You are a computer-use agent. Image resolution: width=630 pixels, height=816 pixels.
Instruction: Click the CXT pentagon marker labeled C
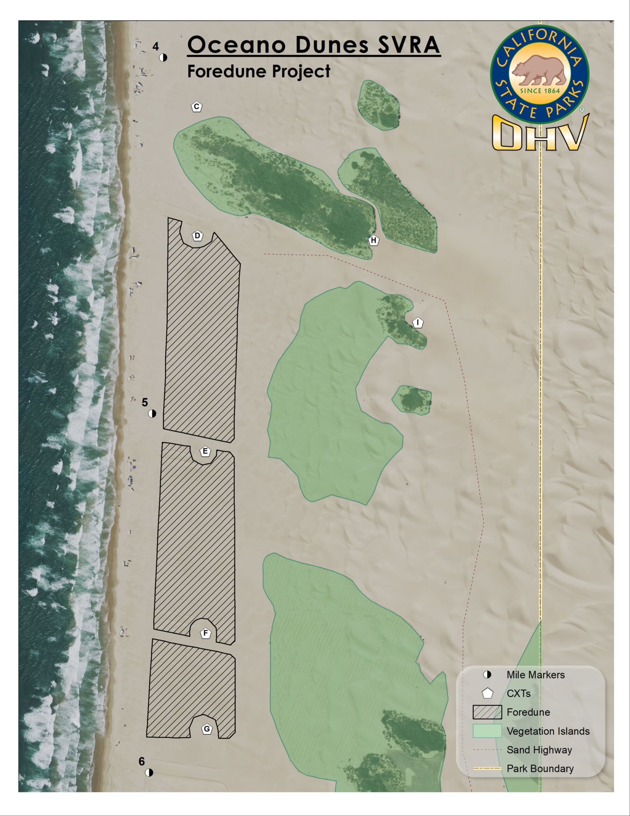pos(197,107)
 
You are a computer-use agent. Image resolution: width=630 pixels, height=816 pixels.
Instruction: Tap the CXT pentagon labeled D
pos(197,236)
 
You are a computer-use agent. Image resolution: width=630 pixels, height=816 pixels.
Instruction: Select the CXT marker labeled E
pos(205,451)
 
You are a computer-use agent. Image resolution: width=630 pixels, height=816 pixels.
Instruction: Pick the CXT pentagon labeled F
pos(205,633)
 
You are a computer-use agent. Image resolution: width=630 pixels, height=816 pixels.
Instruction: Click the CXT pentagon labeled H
pos(373,240)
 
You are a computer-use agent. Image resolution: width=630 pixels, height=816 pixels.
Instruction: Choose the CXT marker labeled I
pos(418,323)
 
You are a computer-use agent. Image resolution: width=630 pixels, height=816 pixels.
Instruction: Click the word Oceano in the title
pos(236,45)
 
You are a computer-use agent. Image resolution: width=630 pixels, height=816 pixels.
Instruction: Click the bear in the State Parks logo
pos(539,70)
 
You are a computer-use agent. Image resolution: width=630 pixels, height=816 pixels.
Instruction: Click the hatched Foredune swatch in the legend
pos(487,712)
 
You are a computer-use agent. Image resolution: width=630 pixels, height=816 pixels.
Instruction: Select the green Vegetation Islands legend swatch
pos(487,731)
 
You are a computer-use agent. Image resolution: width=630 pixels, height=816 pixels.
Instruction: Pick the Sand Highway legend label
pos(539,750)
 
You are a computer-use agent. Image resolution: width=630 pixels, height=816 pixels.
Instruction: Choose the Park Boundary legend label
pos(540,769)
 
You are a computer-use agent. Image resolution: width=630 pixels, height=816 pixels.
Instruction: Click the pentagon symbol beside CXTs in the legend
pos(487,694)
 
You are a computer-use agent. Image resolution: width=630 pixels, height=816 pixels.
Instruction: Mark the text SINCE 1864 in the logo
pos(540,91)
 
